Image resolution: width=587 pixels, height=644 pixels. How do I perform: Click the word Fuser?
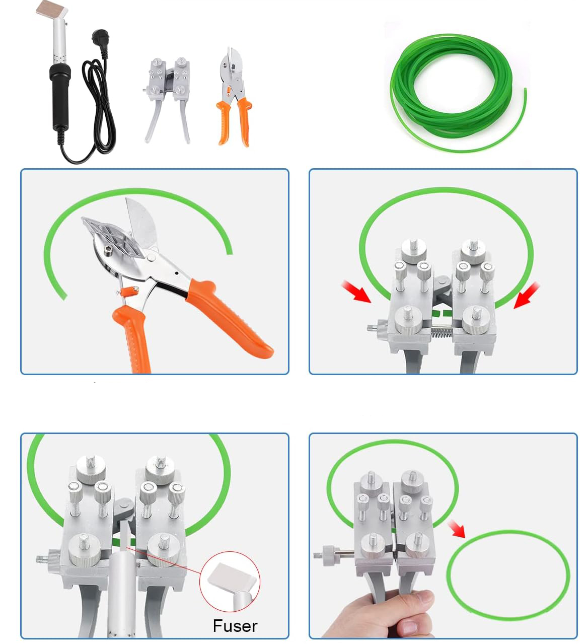point(235,626)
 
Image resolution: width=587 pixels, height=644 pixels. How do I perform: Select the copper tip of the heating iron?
point(50,8)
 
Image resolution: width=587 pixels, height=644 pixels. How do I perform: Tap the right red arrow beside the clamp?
point(526,295)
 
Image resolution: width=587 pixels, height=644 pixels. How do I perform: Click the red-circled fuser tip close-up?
point(230,582)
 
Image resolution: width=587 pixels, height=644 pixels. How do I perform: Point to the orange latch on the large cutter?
point(128,292)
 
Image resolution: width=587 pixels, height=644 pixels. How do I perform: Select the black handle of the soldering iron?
point(60,96)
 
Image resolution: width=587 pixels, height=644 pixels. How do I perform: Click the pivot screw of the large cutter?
point(151,256)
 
